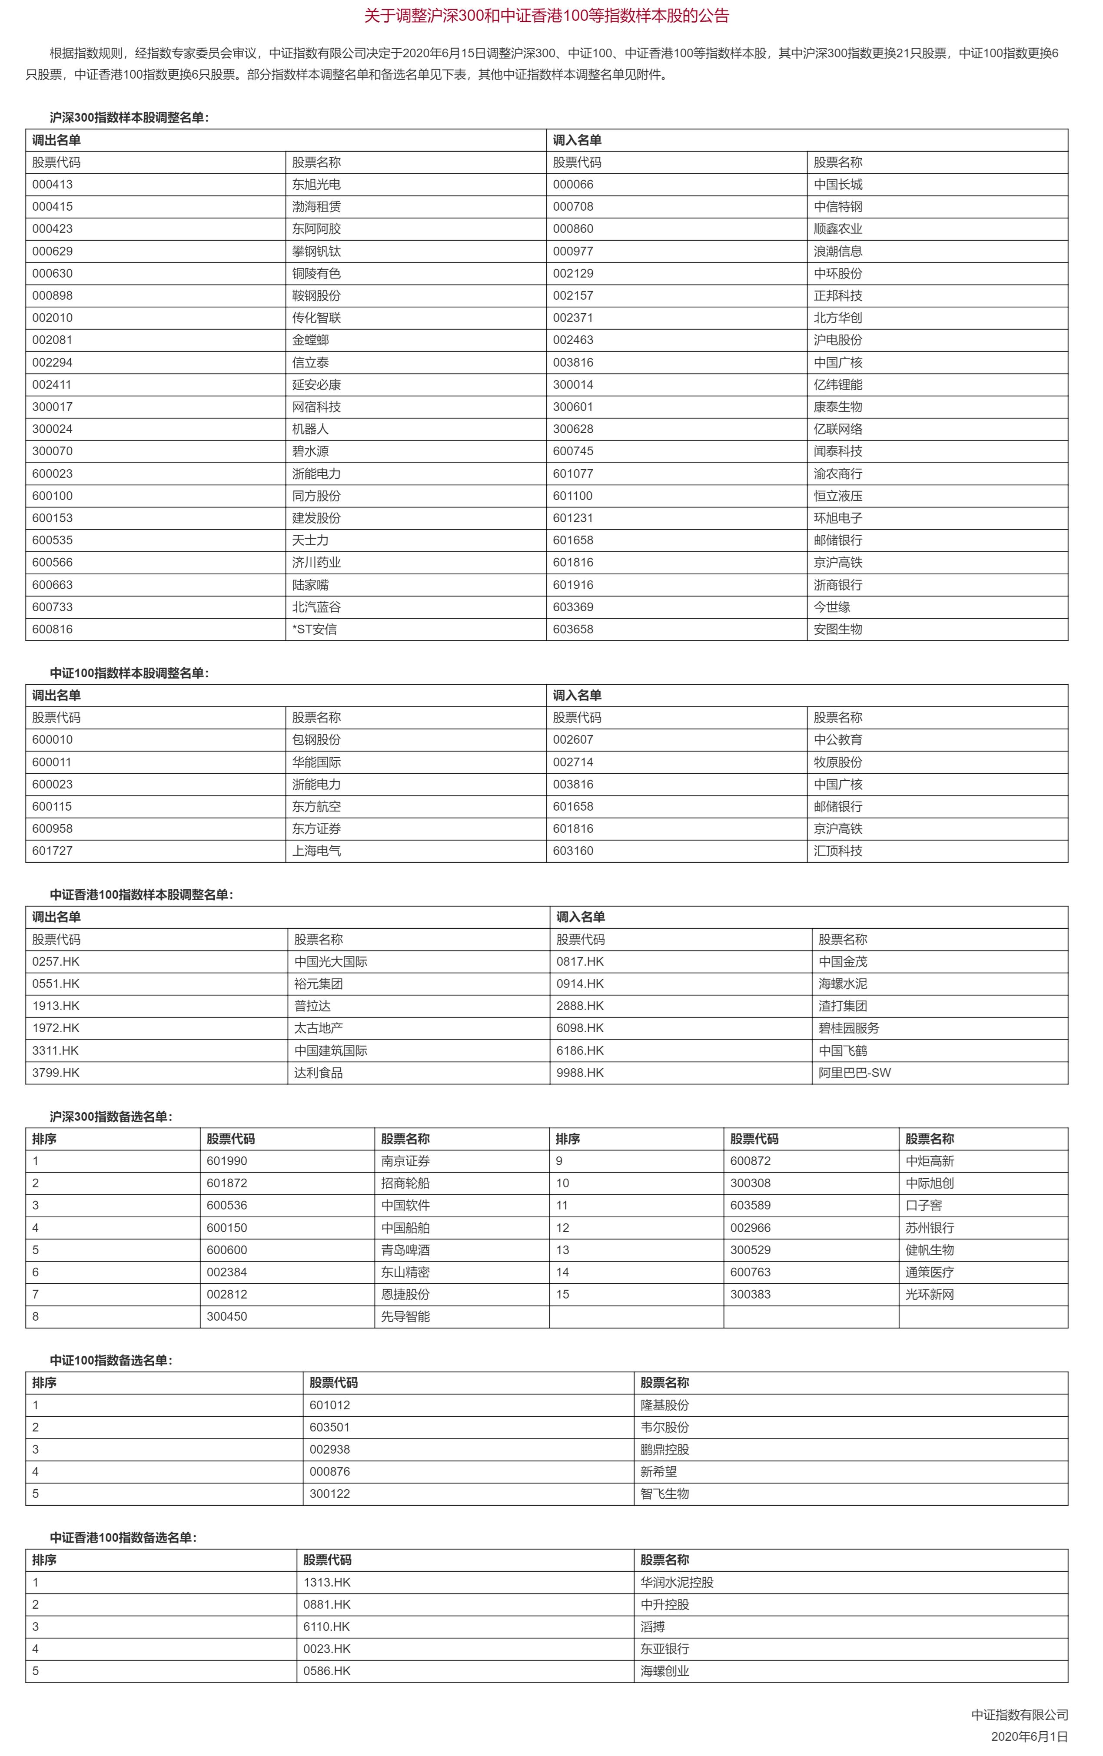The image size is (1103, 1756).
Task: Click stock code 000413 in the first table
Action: (53, 185)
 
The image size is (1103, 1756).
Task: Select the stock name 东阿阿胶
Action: (316, 229)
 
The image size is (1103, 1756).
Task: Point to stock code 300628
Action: (573, 429)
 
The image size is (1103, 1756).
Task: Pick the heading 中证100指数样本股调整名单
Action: (129, 673)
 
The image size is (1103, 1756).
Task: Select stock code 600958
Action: (53, 828)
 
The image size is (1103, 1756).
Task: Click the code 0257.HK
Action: (56, 962)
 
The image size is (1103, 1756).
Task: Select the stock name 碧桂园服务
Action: (848, 1028)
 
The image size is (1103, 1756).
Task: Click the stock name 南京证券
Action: (405, 1161)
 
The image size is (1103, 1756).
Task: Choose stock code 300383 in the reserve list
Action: (750, 1294)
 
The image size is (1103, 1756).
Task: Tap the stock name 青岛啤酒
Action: (405, 1250)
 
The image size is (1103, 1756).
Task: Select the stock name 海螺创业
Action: (664, 1671)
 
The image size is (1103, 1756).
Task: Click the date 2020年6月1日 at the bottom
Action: (1029, 1736)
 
